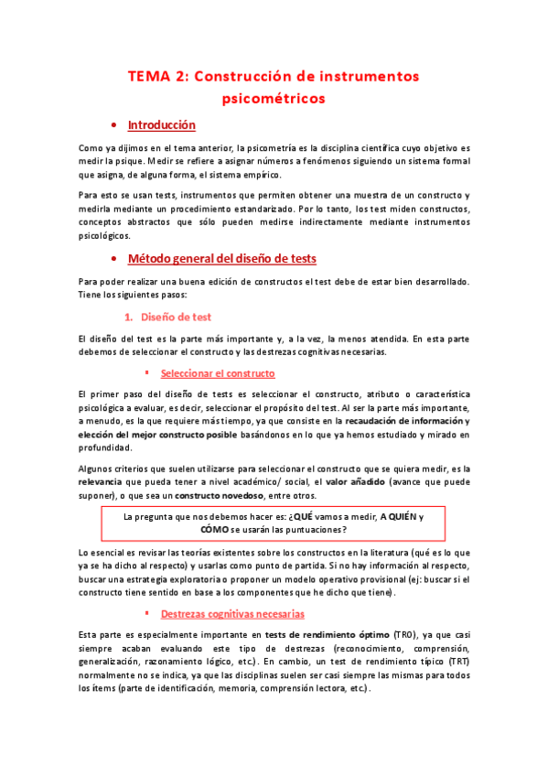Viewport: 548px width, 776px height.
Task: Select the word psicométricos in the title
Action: coord(274,96)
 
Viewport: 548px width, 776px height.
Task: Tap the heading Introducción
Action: coord(161,124)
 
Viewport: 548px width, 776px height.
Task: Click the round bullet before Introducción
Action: coord(112,125)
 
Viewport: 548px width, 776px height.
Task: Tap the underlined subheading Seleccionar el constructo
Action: coord(218,373)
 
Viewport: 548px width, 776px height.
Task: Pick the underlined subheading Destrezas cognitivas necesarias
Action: coord(232,613)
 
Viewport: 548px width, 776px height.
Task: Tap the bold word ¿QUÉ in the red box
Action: coord(300,516)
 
